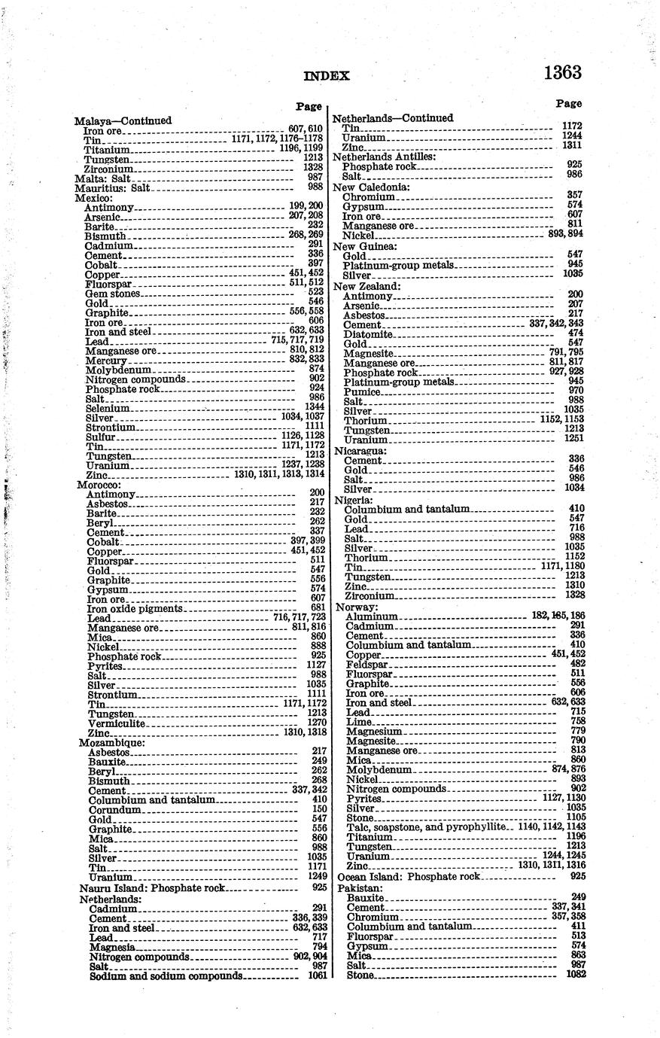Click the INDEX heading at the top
327,76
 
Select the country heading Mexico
91,198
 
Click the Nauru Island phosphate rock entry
153,888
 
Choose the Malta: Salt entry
103,178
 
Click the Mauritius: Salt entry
110,188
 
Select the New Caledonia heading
371,187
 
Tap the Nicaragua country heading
360,451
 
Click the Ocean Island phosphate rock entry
409,877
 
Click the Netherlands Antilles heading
384,157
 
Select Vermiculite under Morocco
116,723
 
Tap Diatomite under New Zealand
368,334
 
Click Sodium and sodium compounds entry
166,976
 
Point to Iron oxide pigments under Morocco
135,608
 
